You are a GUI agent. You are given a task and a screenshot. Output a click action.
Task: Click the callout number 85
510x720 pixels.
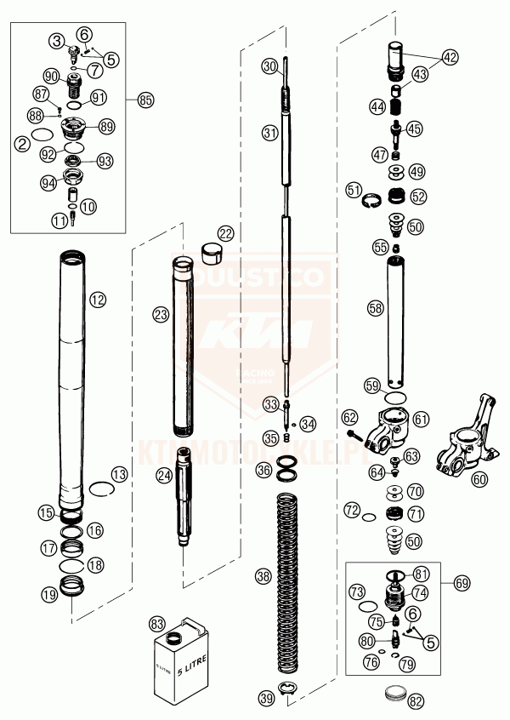[145, 100]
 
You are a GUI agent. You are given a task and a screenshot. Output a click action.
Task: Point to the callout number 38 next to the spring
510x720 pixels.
[263, 576]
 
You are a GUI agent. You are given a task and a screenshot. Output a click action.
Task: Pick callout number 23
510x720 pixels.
[161, 314]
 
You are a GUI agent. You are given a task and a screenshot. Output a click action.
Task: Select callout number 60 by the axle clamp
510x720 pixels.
[480, 478]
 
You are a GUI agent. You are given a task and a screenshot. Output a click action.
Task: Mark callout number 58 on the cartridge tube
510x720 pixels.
[375, 308]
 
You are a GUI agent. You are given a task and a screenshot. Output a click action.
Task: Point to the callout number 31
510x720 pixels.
[269, 133]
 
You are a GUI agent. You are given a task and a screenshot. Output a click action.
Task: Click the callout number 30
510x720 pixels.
[269, 66]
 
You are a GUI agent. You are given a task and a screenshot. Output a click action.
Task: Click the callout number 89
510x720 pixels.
[106, 125]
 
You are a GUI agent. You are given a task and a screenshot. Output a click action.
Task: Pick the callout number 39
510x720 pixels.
[267, 699]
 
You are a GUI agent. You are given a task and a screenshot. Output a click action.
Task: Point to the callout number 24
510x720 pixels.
[162, 475]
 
